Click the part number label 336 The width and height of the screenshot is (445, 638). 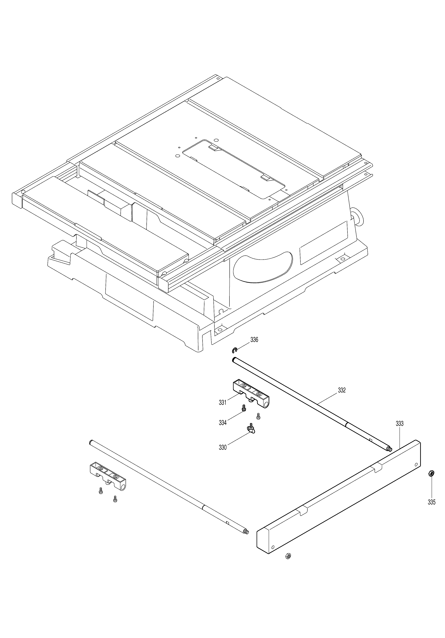pos(254,340)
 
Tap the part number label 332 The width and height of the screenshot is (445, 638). pos(342,390)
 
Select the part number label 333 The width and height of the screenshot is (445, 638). pos(399,424)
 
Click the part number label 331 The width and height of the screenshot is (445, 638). pos(222,402)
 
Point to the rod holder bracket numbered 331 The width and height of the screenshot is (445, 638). pos(251,394)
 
